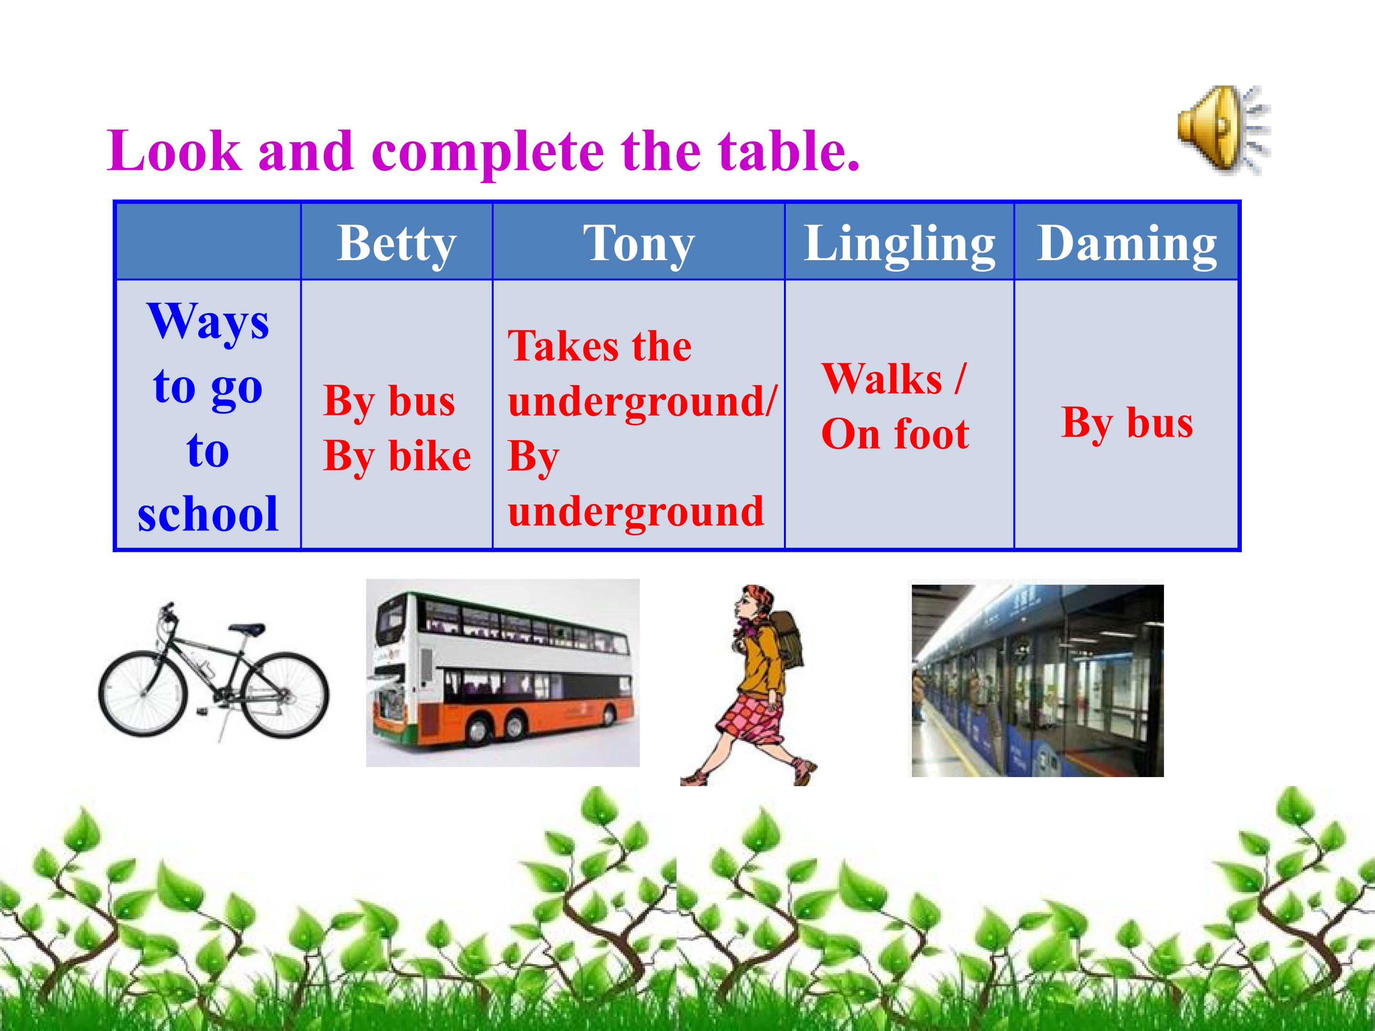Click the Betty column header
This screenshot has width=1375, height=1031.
tap(397, 243)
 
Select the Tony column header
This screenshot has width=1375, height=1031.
tap(638, 243)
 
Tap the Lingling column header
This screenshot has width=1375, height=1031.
tap(899, 243)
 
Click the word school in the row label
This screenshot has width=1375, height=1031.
tap(208, 514)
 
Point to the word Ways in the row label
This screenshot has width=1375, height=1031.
tap(208, 321)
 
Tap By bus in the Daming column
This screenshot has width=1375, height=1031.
tap(1128, 423)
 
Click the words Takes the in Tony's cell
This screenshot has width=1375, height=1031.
tap(600, 346)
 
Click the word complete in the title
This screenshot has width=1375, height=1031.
tap(488, 153)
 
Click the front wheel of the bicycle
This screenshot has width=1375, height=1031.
tap(143, 692)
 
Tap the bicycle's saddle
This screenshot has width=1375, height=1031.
tap(248, 629)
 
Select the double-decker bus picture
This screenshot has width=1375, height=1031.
tap(502, 673)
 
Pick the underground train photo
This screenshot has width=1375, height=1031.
tap(1037, 681)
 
